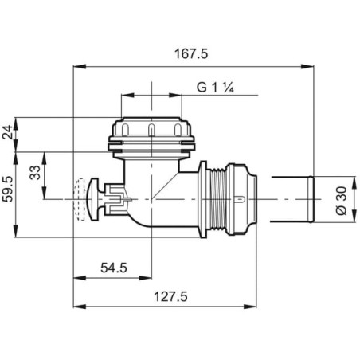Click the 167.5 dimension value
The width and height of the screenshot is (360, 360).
point(191,54)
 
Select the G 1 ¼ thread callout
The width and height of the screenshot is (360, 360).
point(215,87)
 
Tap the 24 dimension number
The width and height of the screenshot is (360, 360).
point(8,132)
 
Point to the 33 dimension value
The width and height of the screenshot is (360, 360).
point(35,173)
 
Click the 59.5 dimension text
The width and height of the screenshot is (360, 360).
point(8,190)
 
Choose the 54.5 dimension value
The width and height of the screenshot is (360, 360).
point(114,268)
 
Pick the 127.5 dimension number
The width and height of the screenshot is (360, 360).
point(170,296)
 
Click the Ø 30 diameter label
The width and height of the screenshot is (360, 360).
point(342,201)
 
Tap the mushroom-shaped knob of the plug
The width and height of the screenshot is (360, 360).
point(92,200)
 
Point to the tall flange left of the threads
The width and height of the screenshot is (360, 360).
point(202,199)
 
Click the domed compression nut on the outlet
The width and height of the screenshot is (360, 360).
point(241,199)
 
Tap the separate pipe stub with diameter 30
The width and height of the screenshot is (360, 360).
point(292,199)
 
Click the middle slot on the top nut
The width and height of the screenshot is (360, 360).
point(151,129)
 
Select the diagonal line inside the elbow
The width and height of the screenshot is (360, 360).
point(165,186)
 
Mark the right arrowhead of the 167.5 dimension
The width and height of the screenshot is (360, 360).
point(307,66)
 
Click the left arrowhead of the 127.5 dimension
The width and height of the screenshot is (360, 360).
point(80,307)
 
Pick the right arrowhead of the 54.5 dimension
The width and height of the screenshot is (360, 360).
point(145,278)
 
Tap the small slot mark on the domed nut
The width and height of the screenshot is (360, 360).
point(240,199)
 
